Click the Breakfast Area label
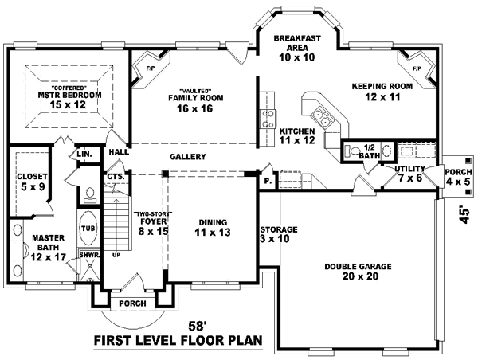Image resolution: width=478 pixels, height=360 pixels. click(297, 48)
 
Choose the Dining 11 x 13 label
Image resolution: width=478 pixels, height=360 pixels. click(213, 227)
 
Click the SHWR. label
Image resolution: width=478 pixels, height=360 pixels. click(87, 256)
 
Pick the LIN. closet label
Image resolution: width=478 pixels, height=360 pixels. click(85, 153)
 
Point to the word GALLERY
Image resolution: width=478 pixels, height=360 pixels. click(188, 157)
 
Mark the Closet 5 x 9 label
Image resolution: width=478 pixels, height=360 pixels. click(33, 180)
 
